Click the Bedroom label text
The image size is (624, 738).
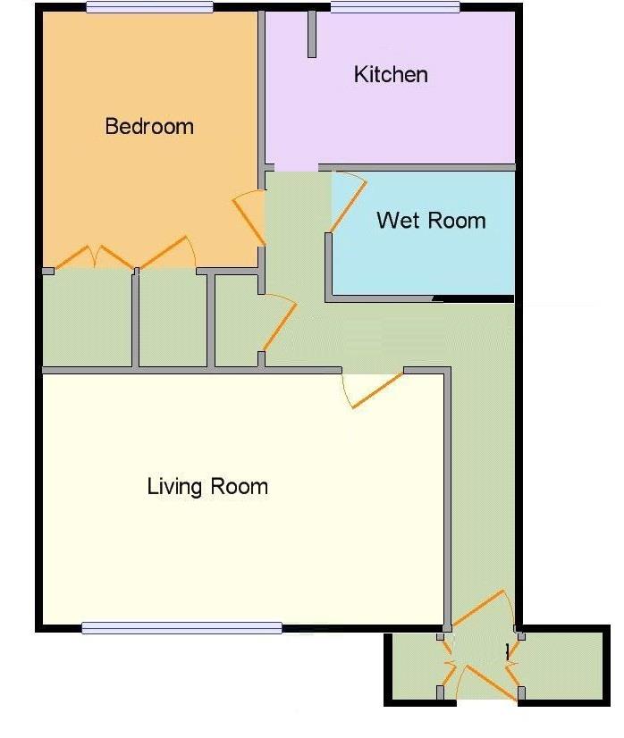pyautogui.click(x=149, y=126)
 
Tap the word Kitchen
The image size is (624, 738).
pyautogui.click(x=391, y=74)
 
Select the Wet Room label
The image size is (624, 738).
pyautogui.click(x=431, y=221)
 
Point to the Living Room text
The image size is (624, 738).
pyautogui.click(x=207, y=486)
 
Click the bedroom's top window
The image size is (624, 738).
pyautogui.click(x=150, y=7)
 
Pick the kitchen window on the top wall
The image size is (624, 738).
pyautogui.click(x=394, y=7)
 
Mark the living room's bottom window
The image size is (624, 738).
pyautogui.click(x=181, y=628)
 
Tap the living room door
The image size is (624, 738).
pyautogui.click(x=376, y=390)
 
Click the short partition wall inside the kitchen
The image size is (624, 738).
pyautogui.click(x=311, y=34)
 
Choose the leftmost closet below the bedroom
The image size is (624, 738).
pyautogui.click(x=87, y=320)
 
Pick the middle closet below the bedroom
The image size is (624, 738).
pyautogui.click(x=173, y=320)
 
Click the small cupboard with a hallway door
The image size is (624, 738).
pyautogui.click(x=237, y=320)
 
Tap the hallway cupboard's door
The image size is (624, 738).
pyautogui.click(x=279, y=324)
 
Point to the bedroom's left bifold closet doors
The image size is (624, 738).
pyautogui.click(x=94, y=257)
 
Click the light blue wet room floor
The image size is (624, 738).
pyautogui.click(x=423, y=233)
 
